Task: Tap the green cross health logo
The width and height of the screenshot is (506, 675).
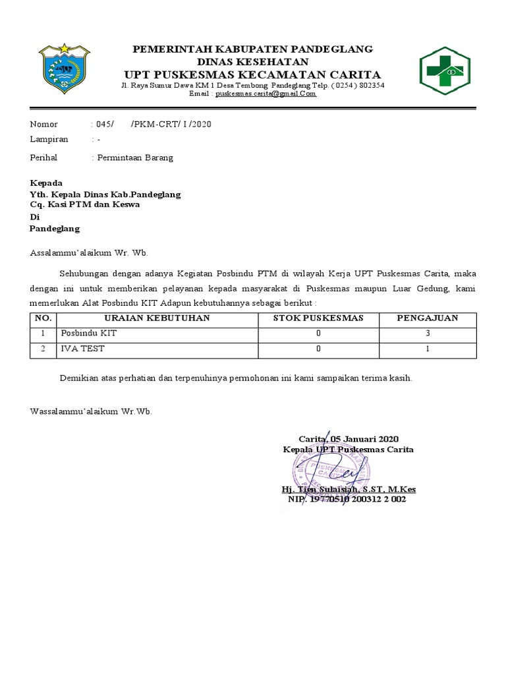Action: click(x=445, y=71)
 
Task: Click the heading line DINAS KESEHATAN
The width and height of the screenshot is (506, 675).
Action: click(x=253, y=61)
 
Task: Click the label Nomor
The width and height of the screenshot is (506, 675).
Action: click(x=44, y=125)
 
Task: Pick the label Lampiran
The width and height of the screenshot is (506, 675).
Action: click(x=49, y=140)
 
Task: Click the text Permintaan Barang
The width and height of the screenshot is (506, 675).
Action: click(x=135, y=158)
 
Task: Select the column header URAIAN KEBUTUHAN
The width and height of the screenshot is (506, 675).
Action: click(x=154, y=318)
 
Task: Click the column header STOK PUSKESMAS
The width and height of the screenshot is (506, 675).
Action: click(x=319, y=318)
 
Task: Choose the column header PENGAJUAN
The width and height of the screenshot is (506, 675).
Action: click(x=427, y=318)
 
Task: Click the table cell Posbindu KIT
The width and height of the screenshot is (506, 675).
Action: click(x=88, y=334)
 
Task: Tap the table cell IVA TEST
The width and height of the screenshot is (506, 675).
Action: click(x=82, y=349)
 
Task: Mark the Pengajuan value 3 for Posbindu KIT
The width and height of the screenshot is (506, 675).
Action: click(x=427, y=334)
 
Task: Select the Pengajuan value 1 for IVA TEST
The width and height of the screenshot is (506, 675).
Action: click(x=427, y=349)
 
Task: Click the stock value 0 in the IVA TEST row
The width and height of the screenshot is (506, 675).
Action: click(x=319, y=349)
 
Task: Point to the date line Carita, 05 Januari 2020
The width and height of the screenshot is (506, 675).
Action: click(x=349, y=439)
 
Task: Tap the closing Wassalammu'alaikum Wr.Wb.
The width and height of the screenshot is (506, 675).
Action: click(x=92, y=411)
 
